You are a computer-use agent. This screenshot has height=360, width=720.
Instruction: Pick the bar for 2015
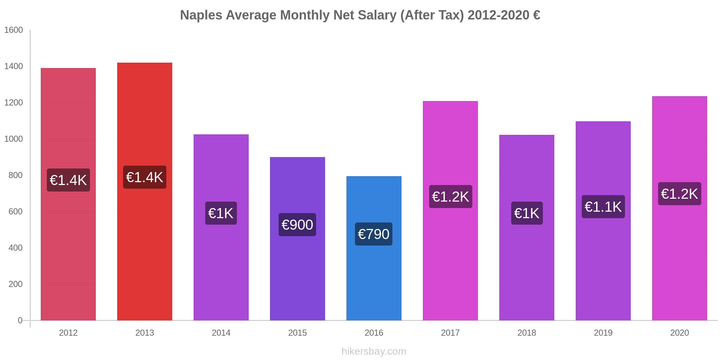tap(297, 274)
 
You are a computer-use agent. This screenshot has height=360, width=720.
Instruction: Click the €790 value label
tap(374, 234)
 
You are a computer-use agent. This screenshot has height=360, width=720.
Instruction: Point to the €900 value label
tap(297, 225)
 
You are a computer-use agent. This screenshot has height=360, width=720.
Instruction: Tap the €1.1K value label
tap(603, 207)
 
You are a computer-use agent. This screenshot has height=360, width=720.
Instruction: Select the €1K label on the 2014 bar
tap(221, 213)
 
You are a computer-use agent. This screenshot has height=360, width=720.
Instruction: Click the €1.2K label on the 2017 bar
tap(450, 197)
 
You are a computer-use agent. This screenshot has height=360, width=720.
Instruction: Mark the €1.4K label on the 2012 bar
tap(68, 180)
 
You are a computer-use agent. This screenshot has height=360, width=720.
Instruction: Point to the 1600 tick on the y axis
tap(14, 30)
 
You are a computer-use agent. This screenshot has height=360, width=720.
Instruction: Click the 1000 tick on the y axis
tap(14, 139)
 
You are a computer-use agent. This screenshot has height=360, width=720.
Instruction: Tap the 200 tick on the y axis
tap(15, 284)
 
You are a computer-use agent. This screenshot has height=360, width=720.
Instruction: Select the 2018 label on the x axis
tap(527, 333)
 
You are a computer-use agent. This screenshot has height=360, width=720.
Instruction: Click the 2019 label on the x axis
tap(603, 333)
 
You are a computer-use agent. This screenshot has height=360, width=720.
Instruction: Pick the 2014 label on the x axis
tap(221, 333)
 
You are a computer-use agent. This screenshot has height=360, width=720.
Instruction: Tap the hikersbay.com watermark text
tap(374, 351)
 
